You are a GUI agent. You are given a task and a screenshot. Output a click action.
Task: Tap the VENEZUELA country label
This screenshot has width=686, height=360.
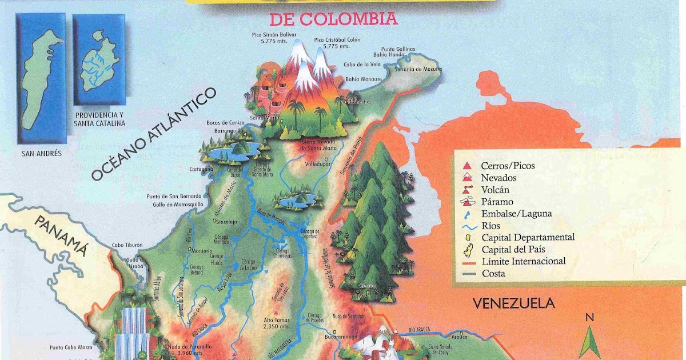(x=513, y=303)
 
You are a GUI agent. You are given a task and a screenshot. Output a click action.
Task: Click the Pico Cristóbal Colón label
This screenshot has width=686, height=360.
(x=334, y=43)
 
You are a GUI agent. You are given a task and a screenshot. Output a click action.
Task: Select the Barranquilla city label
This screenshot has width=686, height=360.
(x=226, y=130)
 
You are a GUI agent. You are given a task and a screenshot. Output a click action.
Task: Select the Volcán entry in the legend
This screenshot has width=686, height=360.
(x=494, y=190)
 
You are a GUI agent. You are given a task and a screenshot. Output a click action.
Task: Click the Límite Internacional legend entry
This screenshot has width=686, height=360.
(x=523, y=261)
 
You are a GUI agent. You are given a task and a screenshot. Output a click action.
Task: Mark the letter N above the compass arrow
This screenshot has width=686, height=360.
(x=589, y=317)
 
